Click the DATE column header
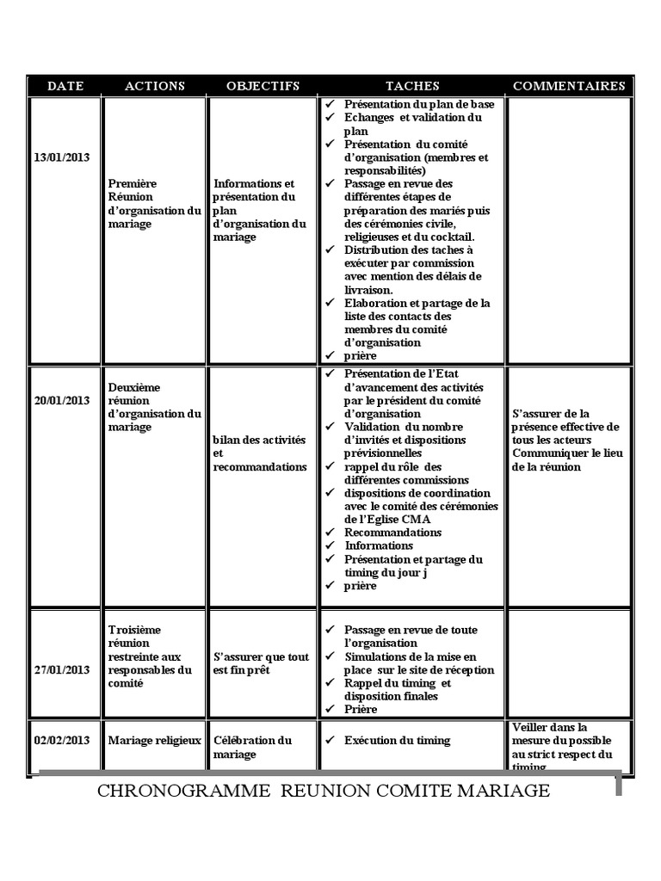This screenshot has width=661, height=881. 65,86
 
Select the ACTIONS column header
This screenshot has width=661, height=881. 155,86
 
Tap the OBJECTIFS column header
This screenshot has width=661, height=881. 263,86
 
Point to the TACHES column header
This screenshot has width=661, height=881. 412,86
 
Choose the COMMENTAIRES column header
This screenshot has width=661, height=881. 569,86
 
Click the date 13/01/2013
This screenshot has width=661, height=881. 62,158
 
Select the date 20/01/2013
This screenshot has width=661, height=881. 62,400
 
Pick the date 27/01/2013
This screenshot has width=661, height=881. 62,669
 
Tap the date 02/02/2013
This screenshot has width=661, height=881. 62,740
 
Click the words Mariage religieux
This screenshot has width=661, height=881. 155,740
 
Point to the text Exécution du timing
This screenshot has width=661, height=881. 397,740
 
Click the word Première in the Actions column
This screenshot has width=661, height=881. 133,184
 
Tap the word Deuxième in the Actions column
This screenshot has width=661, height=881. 135,387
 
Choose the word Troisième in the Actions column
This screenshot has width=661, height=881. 135,630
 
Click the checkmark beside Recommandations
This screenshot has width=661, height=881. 330,533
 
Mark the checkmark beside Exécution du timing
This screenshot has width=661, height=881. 330,740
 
